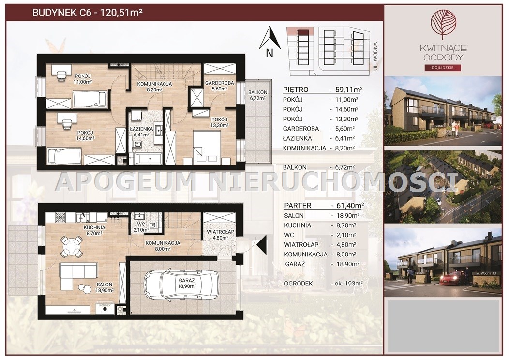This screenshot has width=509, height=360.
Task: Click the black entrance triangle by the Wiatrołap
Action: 262,244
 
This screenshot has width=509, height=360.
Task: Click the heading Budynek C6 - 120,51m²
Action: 88,13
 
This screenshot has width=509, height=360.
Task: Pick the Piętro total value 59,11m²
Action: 349,90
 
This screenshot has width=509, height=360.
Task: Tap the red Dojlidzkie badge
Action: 443,68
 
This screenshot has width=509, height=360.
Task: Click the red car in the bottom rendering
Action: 452,278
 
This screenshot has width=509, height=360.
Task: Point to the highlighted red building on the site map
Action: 303,32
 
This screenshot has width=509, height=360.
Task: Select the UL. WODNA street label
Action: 375,56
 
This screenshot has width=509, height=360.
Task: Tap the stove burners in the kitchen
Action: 60,217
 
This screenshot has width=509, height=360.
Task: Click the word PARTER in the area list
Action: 298,206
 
